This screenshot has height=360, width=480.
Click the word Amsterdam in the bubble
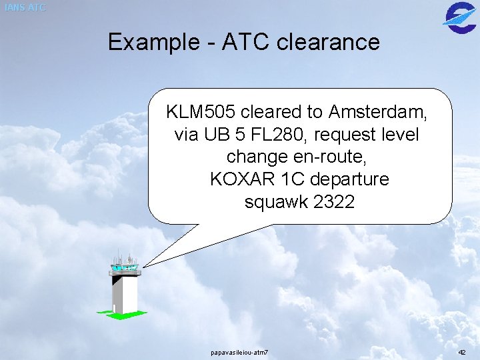pyautogui.click(x=377, y=111)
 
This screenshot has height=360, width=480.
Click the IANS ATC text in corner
pyautogui.click(x=25, y=7)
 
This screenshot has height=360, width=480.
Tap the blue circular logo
pyautogui.click(x=459, y=16)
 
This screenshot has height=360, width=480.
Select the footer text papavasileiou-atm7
pyautogui.click(x=239, y=351)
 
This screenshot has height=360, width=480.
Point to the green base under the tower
pyautogui.click(x=121, y=314)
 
